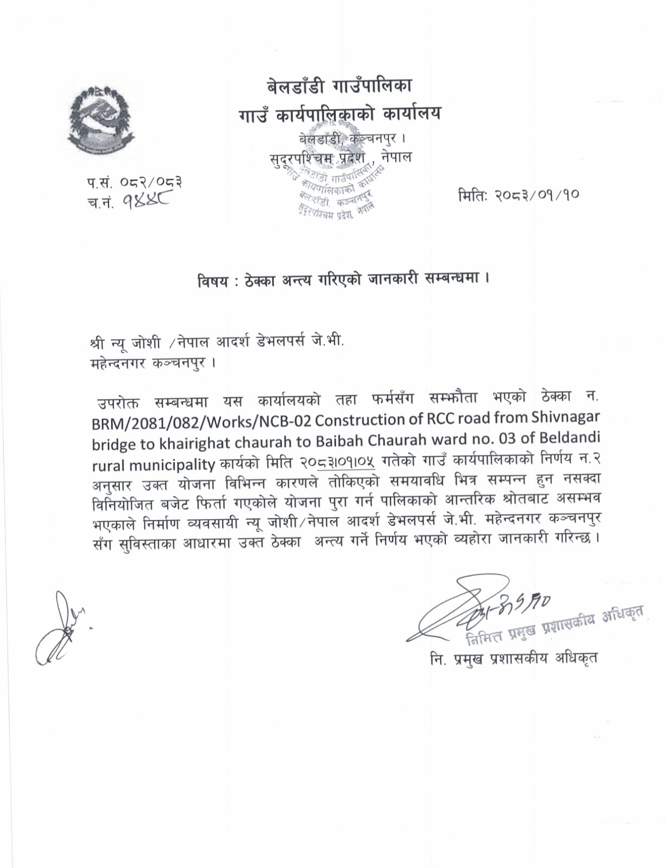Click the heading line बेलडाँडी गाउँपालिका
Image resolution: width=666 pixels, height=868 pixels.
point(340,86)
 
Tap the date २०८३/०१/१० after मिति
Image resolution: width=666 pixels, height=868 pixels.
point(536,195)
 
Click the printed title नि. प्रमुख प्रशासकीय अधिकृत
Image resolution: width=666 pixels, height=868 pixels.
point(513,658)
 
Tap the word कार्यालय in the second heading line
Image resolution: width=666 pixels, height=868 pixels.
point(412,114)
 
